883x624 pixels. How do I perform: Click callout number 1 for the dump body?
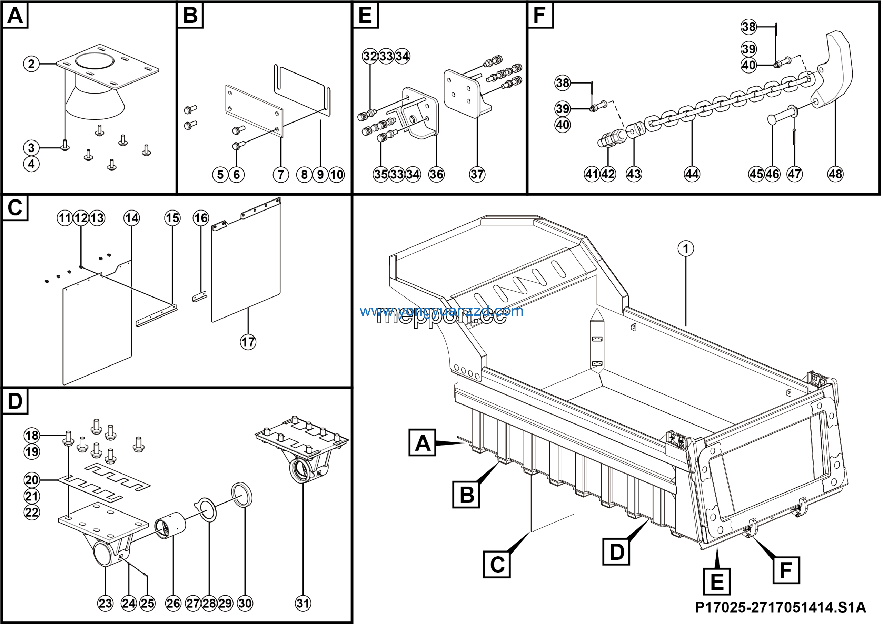pos(686,248)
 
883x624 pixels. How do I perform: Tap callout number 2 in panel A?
pos(31,64)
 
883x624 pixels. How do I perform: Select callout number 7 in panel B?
pos(281,174)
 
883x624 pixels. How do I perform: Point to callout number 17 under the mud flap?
pos(248,342)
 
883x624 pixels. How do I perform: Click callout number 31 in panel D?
pos(303,603)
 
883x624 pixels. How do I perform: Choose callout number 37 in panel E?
pos(477,174)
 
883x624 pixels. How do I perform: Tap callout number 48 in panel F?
pos(835,174)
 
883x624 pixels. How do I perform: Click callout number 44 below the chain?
pos(692,174)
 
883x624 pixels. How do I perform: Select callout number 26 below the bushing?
pos(173,603)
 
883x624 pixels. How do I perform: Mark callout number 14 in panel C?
pos(131,218)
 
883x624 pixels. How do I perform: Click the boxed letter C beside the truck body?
pos(496,564)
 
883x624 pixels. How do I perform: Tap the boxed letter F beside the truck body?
pos(786,570)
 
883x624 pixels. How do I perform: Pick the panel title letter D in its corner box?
pos(15,401)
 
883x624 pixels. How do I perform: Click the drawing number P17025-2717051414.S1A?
pos(780,607)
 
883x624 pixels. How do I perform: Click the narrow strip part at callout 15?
pos(157,315)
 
